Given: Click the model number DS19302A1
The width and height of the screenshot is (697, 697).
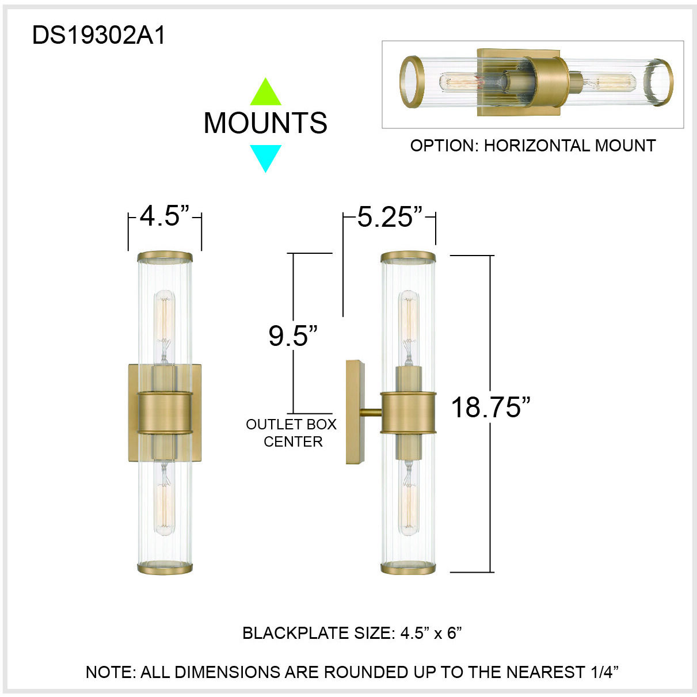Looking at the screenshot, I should [98, 36].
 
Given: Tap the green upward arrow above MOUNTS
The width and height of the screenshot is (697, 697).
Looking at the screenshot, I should [265, 93].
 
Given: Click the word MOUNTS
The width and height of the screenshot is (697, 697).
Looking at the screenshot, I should [265, 123].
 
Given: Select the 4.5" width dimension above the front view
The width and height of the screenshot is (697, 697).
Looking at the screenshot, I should [165, 216].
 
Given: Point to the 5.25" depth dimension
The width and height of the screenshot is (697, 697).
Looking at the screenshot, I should [389, 217].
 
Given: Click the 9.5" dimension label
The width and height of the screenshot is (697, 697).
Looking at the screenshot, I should [293, 336].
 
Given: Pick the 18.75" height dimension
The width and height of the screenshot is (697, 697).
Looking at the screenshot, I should [490, 407].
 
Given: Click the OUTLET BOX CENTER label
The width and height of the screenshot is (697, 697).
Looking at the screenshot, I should [292, 433].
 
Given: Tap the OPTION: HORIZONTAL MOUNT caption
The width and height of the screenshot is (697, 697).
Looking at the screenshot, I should [532, 146].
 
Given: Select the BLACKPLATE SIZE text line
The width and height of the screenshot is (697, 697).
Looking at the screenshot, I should [352, 633].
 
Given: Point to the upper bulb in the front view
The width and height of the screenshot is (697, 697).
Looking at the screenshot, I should [165, 320].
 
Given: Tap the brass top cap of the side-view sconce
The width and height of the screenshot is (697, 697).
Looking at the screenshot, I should [408, 257].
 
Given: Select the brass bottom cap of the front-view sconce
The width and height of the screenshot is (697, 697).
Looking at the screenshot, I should [165, 569].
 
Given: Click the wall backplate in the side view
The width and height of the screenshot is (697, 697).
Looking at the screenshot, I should [355, 412].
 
